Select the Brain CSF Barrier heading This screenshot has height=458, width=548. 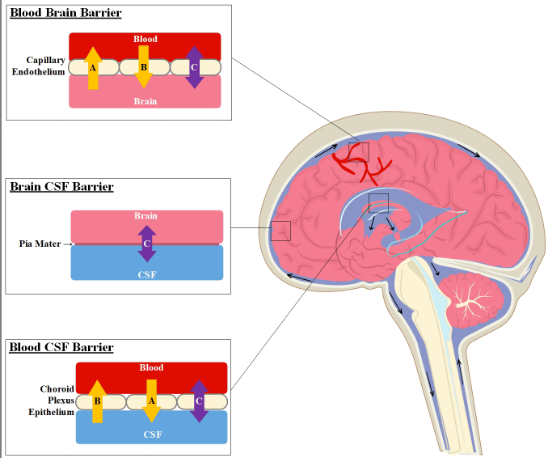[x=61, y=187]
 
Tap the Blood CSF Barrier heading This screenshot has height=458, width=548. [x=61, y=347]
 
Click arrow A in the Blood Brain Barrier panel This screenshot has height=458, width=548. [x=93, y=68]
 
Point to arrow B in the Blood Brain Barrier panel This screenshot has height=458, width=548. [x=144, y=67]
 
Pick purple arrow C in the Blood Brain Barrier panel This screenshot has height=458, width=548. [x=194, y=66]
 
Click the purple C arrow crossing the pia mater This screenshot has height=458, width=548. [x=146, y=243]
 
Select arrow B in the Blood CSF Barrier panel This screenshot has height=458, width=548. [x=98, y=401]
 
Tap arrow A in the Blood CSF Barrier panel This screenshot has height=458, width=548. [x=150, y=401]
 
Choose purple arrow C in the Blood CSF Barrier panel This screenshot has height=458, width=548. [x=199, y=401]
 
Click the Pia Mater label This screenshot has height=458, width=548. [x=40, y=244]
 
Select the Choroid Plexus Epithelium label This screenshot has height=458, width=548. [x=52, y=401]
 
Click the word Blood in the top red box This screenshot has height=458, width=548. [x=145, y=39]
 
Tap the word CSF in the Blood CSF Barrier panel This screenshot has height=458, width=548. [x=152, y=435]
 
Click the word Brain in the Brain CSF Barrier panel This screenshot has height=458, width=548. [x=146, y=216]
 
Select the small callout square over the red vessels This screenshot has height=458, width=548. [x=359, y=152]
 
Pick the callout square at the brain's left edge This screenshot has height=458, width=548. [x=280, y=231]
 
